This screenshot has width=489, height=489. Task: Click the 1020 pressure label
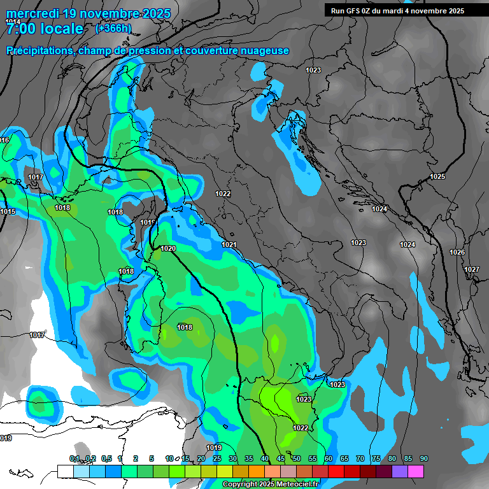168,248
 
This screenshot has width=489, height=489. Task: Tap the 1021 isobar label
229,244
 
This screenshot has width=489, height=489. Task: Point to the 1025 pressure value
437,176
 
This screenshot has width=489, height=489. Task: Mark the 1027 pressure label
471,270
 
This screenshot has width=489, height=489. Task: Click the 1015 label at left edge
8,211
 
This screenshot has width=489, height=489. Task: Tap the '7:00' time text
23,29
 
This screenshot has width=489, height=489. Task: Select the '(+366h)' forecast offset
113,29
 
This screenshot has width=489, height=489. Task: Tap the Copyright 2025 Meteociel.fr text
270,485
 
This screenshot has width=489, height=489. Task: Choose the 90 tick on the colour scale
423,459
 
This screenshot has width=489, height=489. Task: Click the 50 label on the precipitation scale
296,459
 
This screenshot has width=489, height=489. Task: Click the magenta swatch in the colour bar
415,471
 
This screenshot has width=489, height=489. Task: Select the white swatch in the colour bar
65,471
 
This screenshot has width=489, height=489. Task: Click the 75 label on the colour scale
376,459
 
